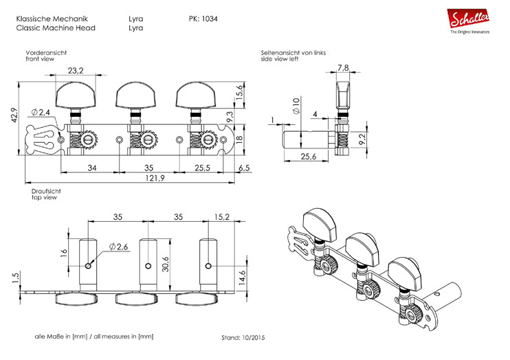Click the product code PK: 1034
coord(203,19)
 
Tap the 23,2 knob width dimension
coord(76,71)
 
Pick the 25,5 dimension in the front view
coord(201,168)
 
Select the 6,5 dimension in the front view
coord(244,168)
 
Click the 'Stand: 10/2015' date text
coord(243,338)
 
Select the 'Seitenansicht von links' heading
coord(293,53)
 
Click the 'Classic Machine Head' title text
coord(55,28)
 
